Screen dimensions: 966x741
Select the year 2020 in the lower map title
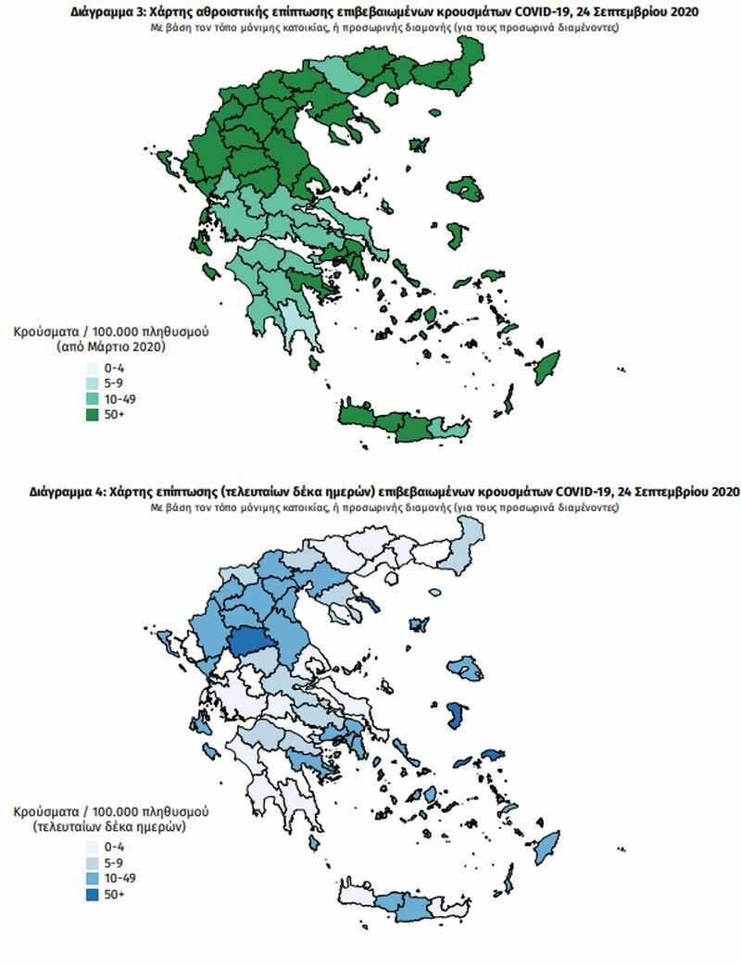click(x=722, y=492)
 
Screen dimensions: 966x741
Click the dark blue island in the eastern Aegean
click(x=456, y=714)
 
